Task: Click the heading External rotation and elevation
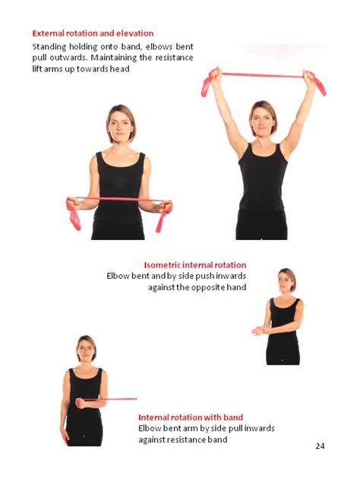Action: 93,33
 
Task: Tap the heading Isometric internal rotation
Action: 194,264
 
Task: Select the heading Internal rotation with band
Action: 191,417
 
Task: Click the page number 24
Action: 320,445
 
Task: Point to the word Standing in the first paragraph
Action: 49,46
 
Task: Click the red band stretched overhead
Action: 263,75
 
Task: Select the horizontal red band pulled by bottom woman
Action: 114,399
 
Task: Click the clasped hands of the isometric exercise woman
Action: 258,330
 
